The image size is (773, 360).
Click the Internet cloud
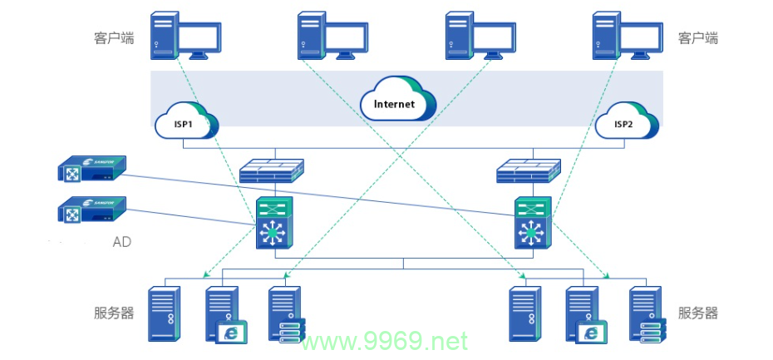[x=398, y=99]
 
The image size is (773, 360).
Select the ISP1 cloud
[x=186, y=121]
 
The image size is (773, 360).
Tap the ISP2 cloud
[x=627, y=121]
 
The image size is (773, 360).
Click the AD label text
[x=122, y=242]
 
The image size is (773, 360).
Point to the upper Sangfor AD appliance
[x=91, y=168]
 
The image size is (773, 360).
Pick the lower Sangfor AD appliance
[x=91, y=209]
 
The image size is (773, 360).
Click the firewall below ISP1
[x=272, y=171]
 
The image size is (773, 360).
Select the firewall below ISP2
[x=529, y=171]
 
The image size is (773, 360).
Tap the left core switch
[x=274, y=223]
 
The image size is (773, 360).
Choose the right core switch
[x=533, y=223]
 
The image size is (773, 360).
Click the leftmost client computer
[x=185, y=36]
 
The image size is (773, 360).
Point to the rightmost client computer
[x=628, y=36]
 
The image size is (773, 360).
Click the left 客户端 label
[x=114, y=38]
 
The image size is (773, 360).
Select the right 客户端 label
[x=698, y=38]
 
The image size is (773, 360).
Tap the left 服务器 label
[x=114, y=313]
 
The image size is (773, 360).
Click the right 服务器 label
[x=698, y=313]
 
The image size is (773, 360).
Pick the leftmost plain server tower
[x=165, y=314]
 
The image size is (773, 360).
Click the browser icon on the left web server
[x=231, y=332]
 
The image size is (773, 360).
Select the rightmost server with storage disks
[x=647, y=314]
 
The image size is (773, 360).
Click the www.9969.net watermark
[x=385, y=341]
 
